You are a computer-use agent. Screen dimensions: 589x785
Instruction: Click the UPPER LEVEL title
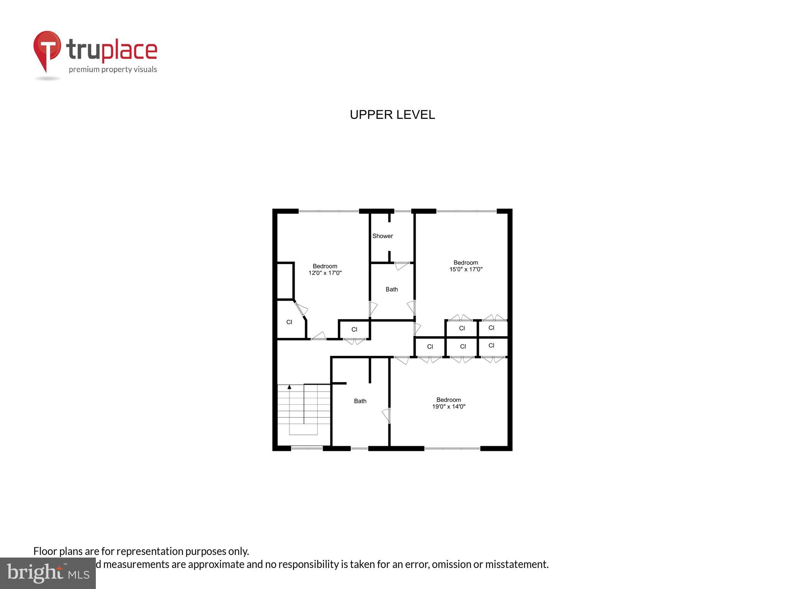click(x=392, y=115)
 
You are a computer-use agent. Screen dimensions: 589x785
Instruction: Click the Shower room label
click(x=383, y=236)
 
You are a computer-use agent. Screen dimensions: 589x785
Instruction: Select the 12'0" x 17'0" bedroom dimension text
click(x=325, y=273)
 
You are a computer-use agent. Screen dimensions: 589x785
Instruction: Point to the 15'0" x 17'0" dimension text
click(x=466, y=269)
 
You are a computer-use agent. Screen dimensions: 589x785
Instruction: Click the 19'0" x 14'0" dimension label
click(x=448, y=406)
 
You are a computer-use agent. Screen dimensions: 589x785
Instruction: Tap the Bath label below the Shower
click(x=391, y=290)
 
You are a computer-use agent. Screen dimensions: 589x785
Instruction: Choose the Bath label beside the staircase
click(x=360, y=401)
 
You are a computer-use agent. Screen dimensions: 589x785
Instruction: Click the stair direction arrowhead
click(x=289, y=387)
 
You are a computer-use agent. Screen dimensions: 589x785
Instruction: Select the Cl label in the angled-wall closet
click(x=289, y=322)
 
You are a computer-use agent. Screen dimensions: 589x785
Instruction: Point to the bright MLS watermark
click(x=48, y=573)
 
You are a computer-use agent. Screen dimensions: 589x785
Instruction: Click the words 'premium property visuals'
click(x=113, y=69)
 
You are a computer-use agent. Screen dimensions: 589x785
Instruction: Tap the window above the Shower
click(x=402, y=211)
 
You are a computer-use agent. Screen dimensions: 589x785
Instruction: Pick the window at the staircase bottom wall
click(x=307, y=448)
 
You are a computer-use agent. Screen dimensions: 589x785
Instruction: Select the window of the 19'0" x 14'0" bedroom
click(x=452, y=448)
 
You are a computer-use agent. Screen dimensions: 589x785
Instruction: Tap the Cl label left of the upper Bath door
click(x=354, y=329)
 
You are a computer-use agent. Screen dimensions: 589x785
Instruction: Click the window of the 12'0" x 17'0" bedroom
click(x=328, y=211)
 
